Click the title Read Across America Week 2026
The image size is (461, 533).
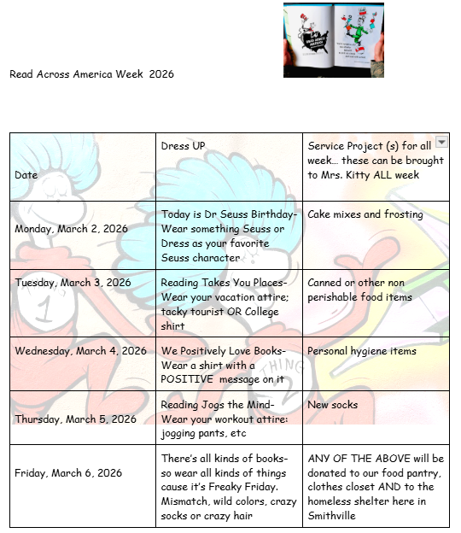coord(91,74)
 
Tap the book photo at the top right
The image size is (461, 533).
coord(334,40)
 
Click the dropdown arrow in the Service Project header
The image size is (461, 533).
coord(441,142)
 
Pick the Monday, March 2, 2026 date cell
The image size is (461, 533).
coord(71,229)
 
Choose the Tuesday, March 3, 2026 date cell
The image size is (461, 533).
coord(73,283)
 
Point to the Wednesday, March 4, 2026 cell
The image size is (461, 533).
coord(80,351)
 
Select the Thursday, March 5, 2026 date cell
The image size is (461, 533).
coord(75,419)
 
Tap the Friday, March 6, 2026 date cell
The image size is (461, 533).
coord(68,472)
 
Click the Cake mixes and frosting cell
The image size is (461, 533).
coord(365,214)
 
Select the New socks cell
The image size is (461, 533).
coord(333,404)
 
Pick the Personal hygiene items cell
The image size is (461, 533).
coord(362,351)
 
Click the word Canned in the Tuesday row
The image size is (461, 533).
coord(325,283)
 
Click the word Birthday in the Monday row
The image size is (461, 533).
coord(272,214)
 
